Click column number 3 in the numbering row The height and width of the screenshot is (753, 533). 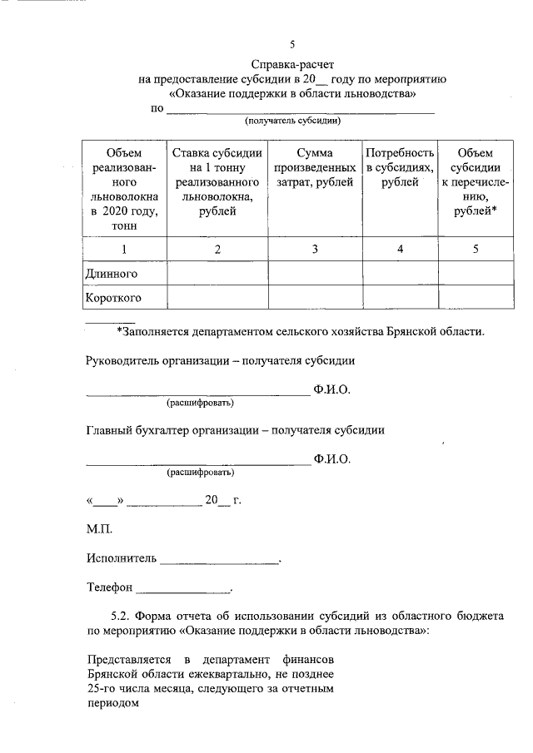click(x=314, y=249)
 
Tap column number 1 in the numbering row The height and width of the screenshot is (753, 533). click(x=124, y=249)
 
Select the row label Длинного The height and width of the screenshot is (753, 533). click(x=112, y=273)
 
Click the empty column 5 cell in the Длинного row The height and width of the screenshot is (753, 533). click(x=476, y=273)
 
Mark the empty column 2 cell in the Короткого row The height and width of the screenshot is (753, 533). click(x=217, y=297)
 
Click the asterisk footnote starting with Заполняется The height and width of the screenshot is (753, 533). click(x=300, y=331)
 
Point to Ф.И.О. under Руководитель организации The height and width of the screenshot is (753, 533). click(x=332, y=389)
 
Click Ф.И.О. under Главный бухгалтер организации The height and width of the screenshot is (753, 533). click(x=332, y=458)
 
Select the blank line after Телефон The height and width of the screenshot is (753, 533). click(x=184, y=588)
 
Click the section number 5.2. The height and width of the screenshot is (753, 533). click(x=122, y=617)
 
